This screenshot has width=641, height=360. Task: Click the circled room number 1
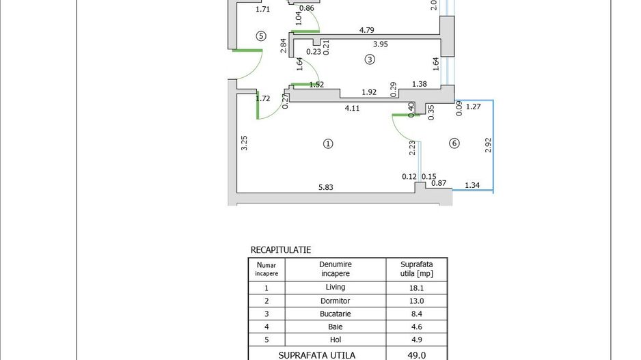tap(328, 144)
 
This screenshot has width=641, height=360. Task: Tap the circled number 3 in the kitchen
tap(370, 59)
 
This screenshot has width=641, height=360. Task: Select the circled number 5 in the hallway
tap(261, 36)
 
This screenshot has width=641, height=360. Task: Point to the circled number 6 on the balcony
tap(454, 143)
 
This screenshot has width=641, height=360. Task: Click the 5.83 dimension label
tap(326, 188)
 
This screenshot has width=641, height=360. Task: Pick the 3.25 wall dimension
tap(244, 143)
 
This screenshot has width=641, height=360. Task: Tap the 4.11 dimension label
tap(352, 109)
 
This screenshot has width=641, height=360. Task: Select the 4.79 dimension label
tap(367, 30)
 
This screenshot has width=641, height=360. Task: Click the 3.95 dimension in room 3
tap(380, 44)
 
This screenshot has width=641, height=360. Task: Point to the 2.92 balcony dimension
tap(488, 145)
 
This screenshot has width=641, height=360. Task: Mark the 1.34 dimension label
tap(472, 185)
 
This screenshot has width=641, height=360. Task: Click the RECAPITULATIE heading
tap(281, 249)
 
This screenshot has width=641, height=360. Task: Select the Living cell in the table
tap(336, 288)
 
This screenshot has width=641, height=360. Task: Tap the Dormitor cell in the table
tap(336, 301)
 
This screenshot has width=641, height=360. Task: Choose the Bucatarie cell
tap(336, 314)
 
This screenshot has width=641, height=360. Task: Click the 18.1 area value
tap(417, 288)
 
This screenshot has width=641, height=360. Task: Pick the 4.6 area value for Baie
tap(417, 327)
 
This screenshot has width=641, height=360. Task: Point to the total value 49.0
tap(417, 355)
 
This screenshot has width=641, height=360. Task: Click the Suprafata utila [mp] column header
tap(417, 269)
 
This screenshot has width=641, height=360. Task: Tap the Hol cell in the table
tap(336, 340)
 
